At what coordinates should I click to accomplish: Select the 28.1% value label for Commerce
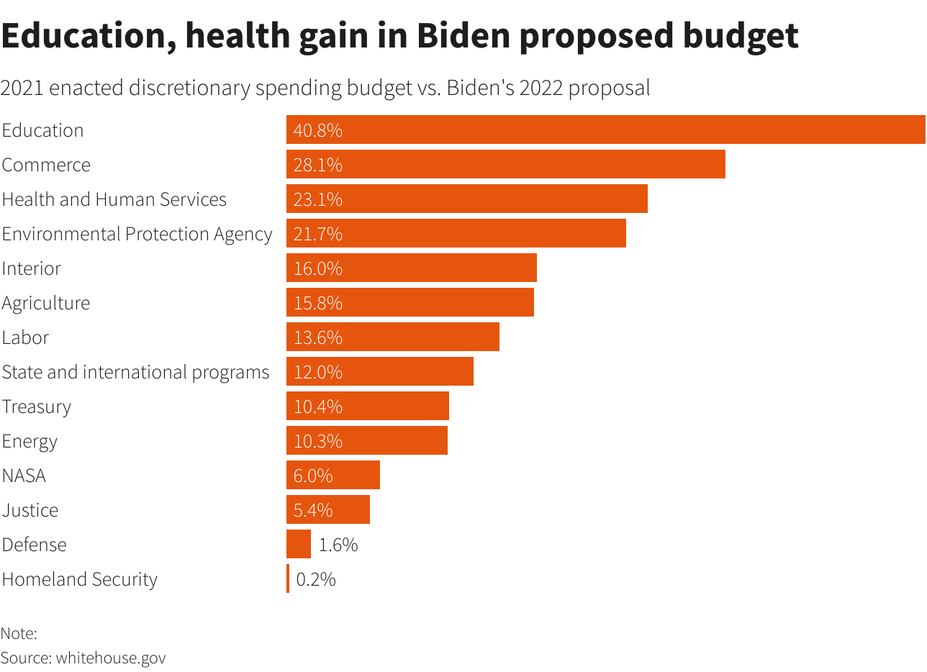[317, 165]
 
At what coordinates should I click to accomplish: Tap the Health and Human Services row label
[114, 199]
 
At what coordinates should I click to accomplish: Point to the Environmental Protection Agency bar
[456, 234]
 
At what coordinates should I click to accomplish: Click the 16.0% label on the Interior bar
[317, 268]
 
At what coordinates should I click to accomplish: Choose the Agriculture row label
[45, 303]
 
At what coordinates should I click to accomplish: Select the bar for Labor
[392, 337]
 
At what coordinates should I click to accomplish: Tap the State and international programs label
[135, 372]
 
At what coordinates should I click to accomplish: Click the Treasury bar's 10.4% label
[317, 407]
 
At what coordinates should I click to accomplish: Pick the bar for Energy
[367, 441]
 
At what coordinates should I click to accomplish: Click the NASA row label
[24, 476]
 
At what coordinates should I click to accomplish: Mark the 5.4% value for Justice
[313, 510]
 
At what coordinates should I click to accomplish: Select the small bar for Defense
[298, 545]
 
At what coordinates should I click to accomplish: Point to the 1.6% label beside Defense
[338, 545]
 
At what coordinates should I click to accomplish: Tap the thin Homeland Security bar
[288, 579]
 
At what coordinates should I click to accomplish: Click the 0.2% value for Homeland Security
[316, 579]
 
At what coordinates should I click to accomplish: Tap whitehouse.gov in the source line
[111, 658]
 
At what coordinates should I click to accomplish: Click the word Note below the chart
[17, 634]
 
